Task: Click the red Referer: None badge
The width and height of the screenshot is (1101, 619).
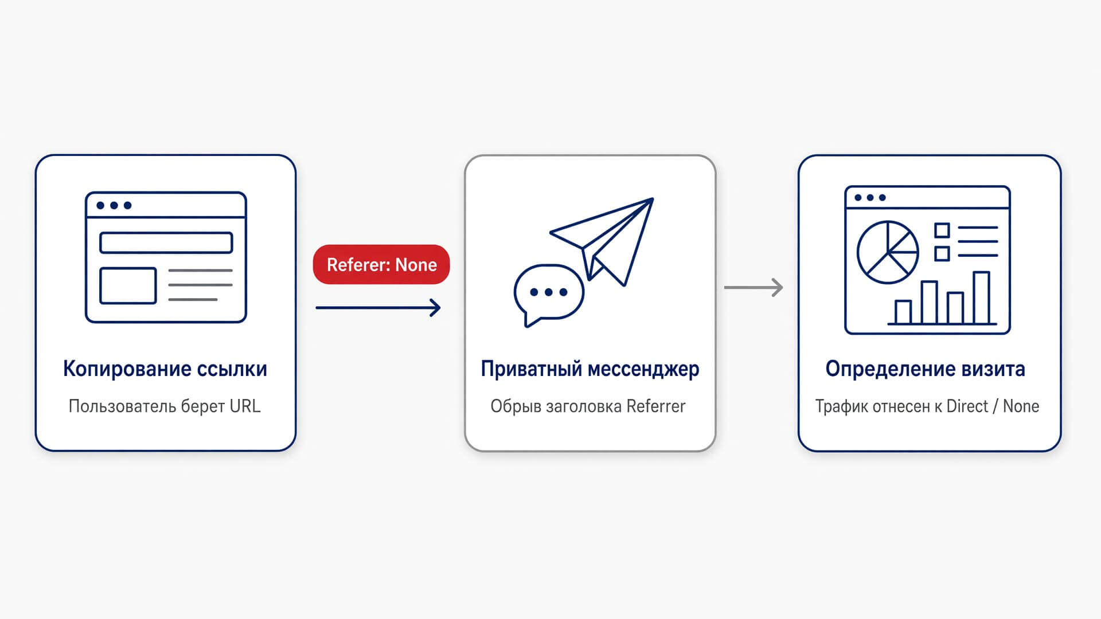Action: [x=381, y=264]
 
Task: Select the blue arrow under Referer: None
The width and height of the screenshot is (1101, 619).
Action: [x=378, y=308]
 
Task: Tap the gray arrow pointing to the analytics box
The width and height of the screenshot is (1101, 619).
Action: [x=753, y=287]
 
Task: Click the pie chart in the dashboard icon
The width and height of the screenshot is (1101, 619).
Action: [x=888, y=252]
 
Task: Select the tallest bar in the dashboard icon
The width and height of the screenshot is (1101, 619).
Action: [x=982, y=298]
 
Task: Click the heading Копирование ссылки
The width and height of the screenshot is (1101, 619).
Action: [x=165, y=369]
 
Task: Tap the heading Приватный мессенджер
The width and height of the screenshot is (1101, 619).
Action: [x=590, y=369]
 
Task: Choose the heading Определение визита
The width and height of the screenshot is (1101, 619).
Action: [x=926, y=369]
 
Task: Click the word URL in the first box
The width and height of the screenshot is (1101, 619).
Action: [x=245, y=406]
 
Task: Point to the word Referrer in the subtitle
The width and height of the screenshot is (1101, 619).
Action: [x=656, y=406]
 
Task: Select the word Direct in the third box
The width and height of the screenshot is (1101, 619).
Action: [x=967, y=406]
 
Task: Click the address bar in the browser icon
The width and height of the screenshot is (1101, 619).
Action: [x=166, y=242]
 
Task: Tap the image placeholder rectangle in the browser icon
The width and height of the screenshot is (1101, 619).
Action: [x=128, y=285]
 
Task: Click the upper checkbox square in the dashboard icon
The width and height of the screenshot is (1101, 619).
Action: [x=942, y=230]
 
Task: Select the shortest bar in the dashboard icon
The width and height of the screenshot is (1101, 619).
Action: [x=903, y=312]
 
